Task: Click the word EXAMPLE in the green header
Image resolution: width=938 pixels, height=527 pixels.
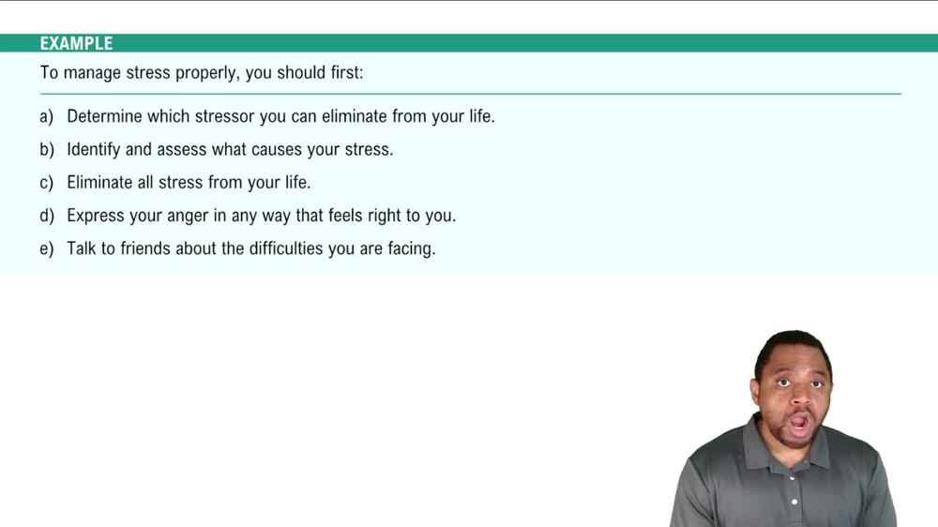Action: (76, 44)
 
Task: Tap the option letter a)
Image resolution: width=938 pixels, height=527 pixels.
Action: (47, 117)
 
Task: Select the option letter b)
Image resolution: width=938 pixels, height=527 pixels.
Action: (47, 150)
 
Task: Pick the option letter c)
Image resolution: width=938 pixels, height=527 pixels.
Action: (47, 183)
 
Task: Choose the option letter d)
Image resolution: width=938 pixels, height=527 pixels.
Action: (47, 216)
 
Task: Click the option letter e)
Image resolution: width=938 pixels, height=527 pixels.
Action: (47, 249)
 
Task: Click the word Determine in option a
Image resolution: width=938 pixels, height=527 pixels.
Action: (106, 117)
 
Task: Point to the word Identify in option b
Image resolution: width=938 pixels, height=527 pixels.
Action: (94, 150)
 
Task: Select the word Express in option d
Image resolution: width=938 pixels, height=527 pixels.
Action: (95, 216)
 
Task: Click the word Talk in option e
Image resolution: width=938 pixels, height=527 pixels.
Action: (83, 249)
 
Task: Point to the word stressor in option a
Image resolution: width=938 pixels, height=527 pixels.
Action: (226, 117)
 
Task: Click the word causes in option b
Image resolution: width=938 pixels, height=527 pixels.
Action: (278, 150)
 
